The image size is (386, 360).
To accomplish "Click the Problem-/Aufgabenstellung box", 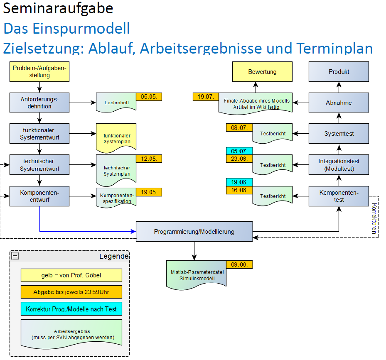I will [x=39, y=72].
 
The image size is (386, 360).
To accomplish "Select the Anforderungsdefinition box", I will [x=39, y=103].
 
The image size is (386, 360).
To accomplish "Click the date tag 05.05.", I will [x=149, y=97].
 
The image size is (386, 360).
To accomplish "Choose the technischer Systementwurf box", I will [x=39, y=165].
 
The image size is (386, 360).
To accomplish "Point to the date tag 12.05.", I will [x=149, y=159].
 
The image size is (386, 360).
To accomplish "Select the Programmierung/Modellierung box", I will [x=194, y=232].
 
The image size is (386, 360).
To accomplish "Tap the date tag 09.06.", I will [x=239, y=264].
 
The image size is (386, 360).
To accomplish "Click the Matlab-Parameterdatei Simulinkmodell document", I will [x=196, y=275].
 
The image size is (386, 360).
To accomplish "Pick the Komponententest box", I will [x=339, y=196].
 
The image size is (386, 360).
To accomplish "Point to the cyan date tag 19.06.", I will [x=239, y=182].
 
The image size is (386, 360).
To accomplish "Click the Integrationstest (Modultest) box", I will [x=339, y=165].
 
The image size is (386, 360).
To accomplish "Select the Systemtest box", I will [x=339, y=134].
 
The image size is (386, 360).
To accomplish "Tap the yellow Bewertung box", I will [x=262, y=72].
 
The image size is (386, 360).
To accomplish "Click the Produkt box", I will [x=339, y=72].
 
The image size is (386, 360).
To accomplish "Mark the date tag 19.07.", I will [x=206, y=97].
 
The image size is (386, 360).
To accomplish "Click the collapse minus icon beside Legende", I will [x=15, y=256].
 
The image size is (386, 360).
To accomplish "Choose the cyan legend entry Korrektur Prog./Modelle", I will [x=71, y=309].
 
